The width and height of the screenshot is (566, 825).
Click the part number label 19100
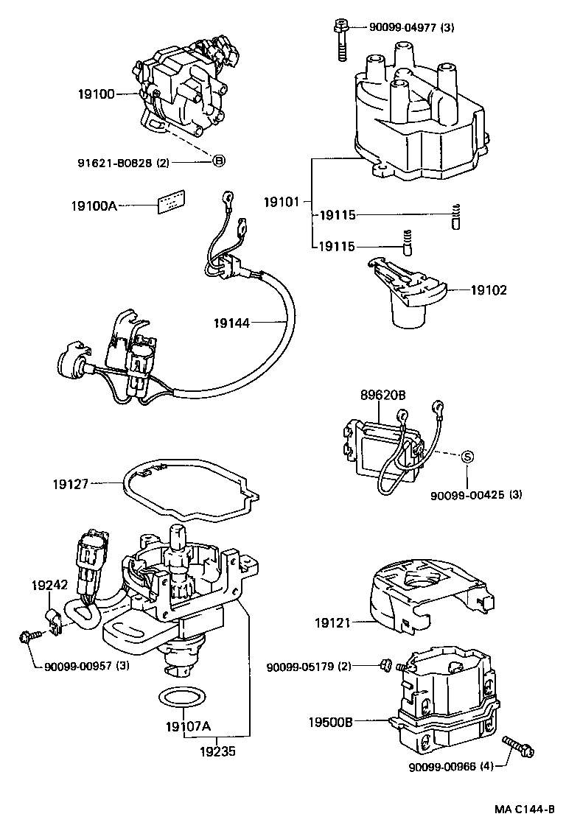tap(96, 94)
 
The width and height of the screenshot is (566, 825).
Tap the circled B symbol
tap(218, 161)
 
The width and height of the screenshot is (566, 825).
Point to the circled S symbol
tap(467, 457)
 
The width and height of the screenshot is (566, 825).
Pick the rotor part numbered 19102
tap(405, 295)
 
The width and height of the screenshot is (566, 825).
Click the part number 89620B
tap(382, 395)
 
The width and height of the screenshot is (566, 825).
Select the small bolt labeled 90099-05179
tap(384, 666)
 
